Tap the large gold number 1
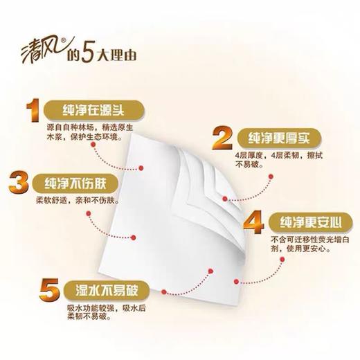coord(31,111)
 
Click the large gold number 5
coord(30,290)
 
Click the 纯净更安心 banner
coord(307,222)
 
